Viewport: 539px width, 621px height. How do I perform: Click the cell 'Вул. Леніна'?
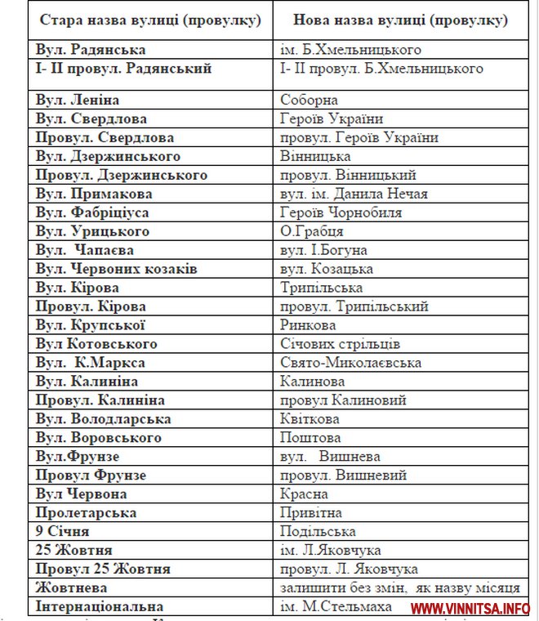(x=78, y=100)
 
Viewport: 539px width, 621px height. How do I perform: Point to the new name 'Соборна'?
(x=309, y=100)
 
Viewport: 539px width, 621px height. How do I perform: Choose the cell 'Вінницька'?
(x=315, y=156)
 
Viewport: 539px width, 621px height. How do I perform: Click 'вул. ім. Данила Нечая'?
(x=354, y=194)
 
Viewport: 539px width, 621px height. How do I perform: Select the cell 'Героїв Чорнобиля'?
(x=341, y=212)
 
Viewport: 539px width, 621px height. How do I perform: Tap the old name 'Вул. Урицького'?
(x=92, y=231)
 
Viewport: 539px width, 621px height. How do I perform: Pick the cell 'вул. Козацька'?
(x=327, y=269)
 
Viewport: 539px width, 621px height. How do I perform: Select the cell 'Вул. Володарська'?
(x=103, y=419)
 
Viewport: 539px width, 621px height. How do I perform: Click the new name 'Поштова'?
(x=310, y=438)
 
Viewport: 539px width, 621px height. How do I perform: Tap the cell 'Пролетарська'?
(x=86, y=513)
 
